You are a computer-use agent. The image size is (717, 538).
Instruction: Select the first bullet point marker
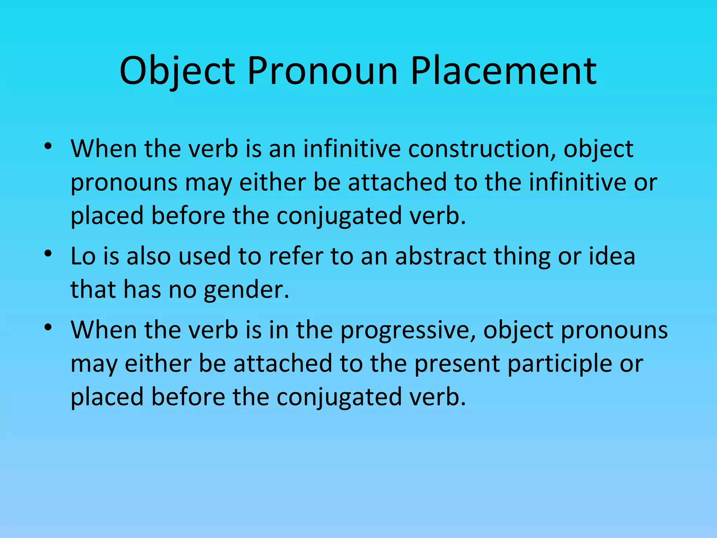48,146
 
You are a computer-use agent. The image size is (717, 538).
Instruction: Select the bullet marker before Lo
48,253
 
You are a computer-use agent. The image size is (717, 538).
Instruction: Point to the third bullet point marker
48,327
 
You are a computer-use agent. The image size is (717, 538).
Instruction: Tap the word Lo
83,256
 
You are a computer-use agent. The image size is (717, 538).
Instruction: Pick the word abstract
440,256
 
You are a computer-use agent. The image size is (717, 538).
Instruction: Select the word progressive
408,331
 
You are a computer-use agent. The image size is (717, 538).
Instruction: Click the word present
457,364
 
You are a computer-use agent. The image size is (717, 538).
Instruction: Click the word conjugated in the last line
339,398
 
